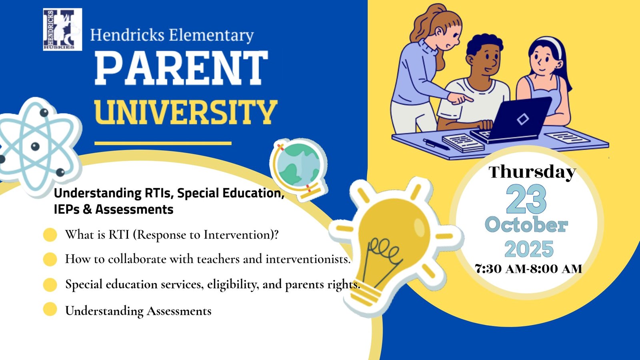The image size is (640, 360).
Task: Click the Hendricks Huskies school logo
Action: tap(62, 30)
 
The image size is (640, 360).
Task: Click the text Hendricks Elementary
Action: tap(172, 35)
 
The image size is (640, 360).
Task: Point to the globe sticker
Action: tap(298, 170)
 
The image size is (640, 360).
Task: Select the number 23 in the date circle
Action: tap(526, 200)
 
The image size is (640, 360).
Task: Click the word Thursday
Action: tap(532, 172)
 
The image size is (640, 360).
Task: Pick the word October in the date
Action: tap(526, 225)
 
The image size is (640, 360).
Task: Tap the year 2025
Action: tap(529, 249)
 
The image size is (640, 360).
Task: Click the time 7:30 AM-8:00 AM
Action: tap(528, 269)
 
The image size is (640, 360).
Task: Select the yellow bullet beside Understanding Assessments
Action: tap(50, 309)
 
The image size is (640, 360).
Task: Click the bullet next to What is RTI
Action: tap(50, 235)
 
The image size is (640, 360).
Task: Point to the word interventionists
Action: tap(308, 259)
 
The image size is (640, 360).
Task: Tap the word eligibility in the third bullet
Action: tap(233, 284)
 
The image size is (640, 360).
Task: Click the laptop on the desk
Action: tap(512, 120)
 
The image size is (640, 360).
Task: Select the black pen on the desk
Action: tap(436, 144)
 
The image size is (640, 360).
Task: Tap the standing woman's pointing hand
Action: tap(460, 98)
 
